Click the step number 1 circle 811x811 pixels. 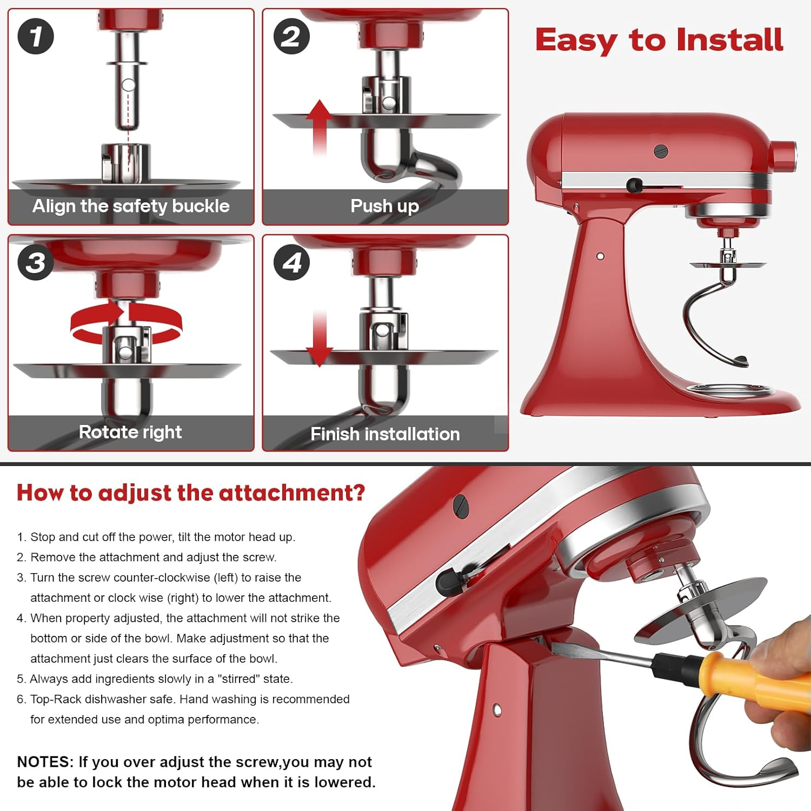point(36,36)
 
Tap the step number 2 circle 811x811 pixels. point(291,36)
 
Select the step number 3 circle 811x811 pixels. point(36,263)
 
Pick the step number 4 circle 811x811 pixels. point(291,263)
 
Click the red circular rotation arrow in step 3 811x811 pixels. point(127,323)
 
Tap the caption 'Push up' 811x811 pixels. point(384,206)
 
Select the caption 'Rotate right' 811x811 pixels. point(130,432)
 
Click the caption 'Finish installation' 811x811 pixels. point(385,434)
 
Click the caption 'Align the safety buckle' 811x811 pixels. point(131,206)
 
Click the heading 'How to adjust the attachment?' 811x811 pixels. point(191,493)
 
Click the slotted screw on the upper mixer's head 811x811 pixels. point(661,151)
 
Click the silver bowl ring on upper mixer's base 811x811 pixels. point(730,390)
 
